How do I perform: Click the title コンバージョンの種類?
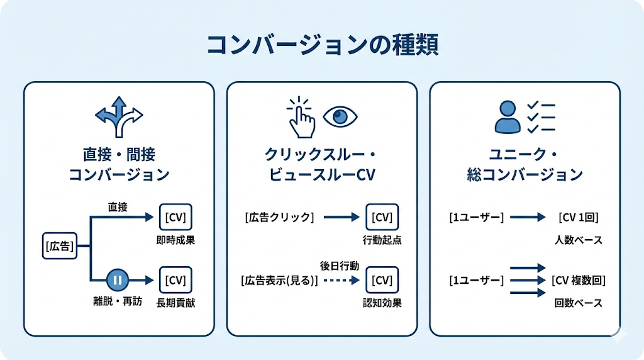click(x=322, y=45)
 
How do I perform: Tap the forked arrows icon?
click(x=119, y=116)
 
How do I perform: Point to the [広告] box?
click(x=60, y=246)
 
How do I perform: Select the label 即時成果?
click(x=176, y=240)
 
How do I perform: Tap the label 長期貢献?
click(x=176, y=302)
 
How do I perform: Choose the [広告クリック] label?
click(x=279, y=217)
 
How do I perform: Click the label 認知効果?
click(x=382, y=303)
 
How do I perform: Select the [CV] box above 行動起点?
click(x=382, y=218)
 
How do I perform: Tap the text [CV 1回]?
click(x=578, y=217)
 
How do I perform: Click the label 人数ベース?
click(x=579, y=240)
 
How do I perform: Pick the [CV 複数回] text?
click(x=579, y=280)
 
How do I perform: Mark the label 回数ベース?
click(x=579, y=303)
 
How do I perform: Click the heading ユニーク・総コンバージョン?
click(x=525, y=165)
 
